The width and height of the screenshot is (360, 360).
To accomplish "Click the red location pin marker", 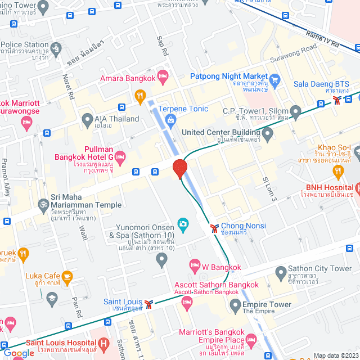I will [x=179, y=168].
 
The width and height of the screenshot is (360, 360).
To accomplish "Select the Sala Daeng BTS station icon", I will [x=336, y=100].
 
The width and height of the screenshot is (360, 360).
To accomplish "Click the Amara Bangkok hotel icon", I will [x=163, y=75].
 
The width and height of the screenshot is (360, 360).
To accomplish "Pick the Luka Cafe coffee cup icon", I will [x=67, y=276].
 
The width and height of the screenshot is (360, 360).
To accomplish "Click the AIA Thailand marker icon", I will [x=87, y=119].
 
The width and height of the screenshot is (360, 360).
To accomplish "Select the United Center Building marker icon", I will [x=268, y=134].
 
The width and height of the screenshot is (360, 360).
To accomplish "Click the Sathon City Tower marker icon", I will [x=280, y=274].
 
